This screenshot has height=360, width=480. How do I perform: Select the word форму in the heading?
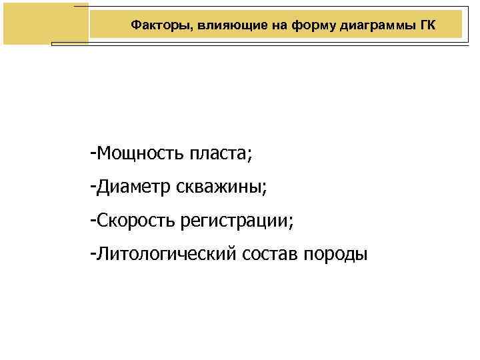pyautogui.click(x=298, y=25)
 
